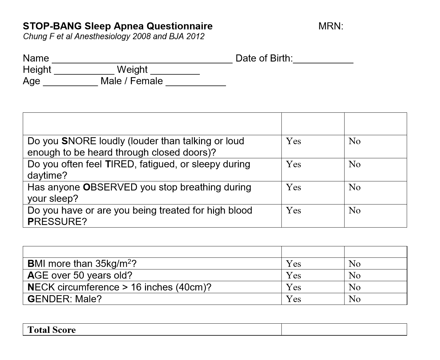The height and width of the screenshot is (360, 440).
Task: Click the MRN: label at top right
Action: [x=331, y=26]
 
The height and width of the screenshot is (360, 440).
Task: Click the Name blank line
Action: [x=142, y=60]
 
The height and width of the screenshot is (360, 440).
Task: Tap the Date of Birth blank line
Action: [x=323, y=60]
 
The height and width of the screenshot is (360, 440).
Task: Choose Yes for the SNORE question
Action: [x=293, y=141]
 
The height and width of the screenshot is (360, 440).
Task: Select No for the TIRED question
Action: [x=354, y=164]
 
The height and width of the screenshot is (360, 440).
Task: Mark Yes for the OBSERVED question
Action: [x=293, y=187]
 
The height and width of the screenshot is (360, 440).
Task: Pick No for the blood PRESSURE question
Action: [x=354, y=210]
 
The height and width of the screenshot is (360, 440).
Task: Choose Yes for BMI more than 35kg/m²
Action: [x=293, y=264]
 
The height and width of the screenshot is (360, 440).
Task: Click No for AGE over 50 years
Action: [x=354, y=275]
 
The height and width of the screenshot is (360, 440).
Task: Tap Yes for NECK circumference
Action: [x=293, y=287]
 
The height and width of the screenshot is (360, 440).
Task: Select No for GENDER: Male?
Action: [x=354, y=299]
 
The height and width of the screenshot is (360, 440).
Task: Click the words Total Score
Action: [x=51, y=330]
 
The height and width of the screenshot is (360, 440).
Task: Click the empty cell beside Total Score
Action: [x=344, y=330]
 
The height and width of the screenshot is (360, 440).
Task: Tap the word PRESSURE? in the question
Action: [x=57, y=222]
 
